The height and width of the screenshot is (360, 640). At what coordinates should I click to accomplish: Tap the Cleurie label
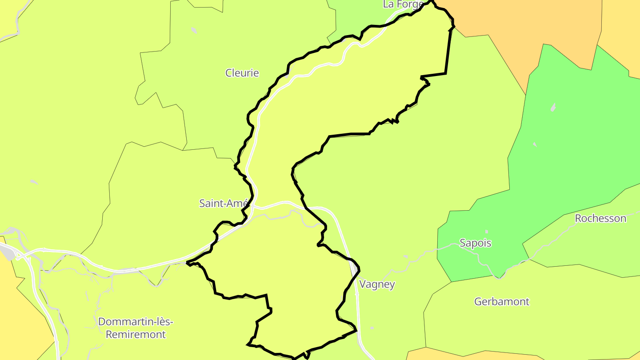[x=242, y=73]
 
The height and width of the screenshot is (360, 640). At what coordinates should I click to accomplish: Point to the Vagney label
[x=377, y=284]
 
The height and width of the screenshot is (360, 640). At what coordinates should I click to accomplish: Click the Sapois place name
[x=476, y=243]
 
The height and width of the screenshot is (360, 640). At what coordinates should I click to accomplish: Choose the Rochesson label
[x=600, y=218]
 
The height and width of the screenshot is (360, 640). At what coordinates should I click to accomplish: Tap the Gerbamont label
[x=502, y=302]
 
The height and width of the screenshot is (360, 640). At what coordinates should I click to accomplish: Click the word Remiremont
[x=135, y=335]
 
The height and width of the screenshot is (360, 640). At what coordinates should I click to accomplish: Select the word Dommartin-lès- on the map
[x=136, y=322]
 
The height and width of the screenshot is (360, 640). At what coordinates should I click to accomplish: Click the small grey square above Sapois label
[x=487, y=232]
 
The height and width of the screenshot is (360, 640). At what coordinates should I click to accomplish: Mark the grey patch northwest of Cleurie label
[x=194, y=30]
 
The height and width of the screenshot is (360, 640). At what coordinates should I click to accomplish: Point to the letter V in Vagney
[x=362, y=284]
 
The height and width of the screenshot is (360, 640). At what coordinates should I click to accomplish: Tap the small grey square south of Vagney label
[x=372, y=328]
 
